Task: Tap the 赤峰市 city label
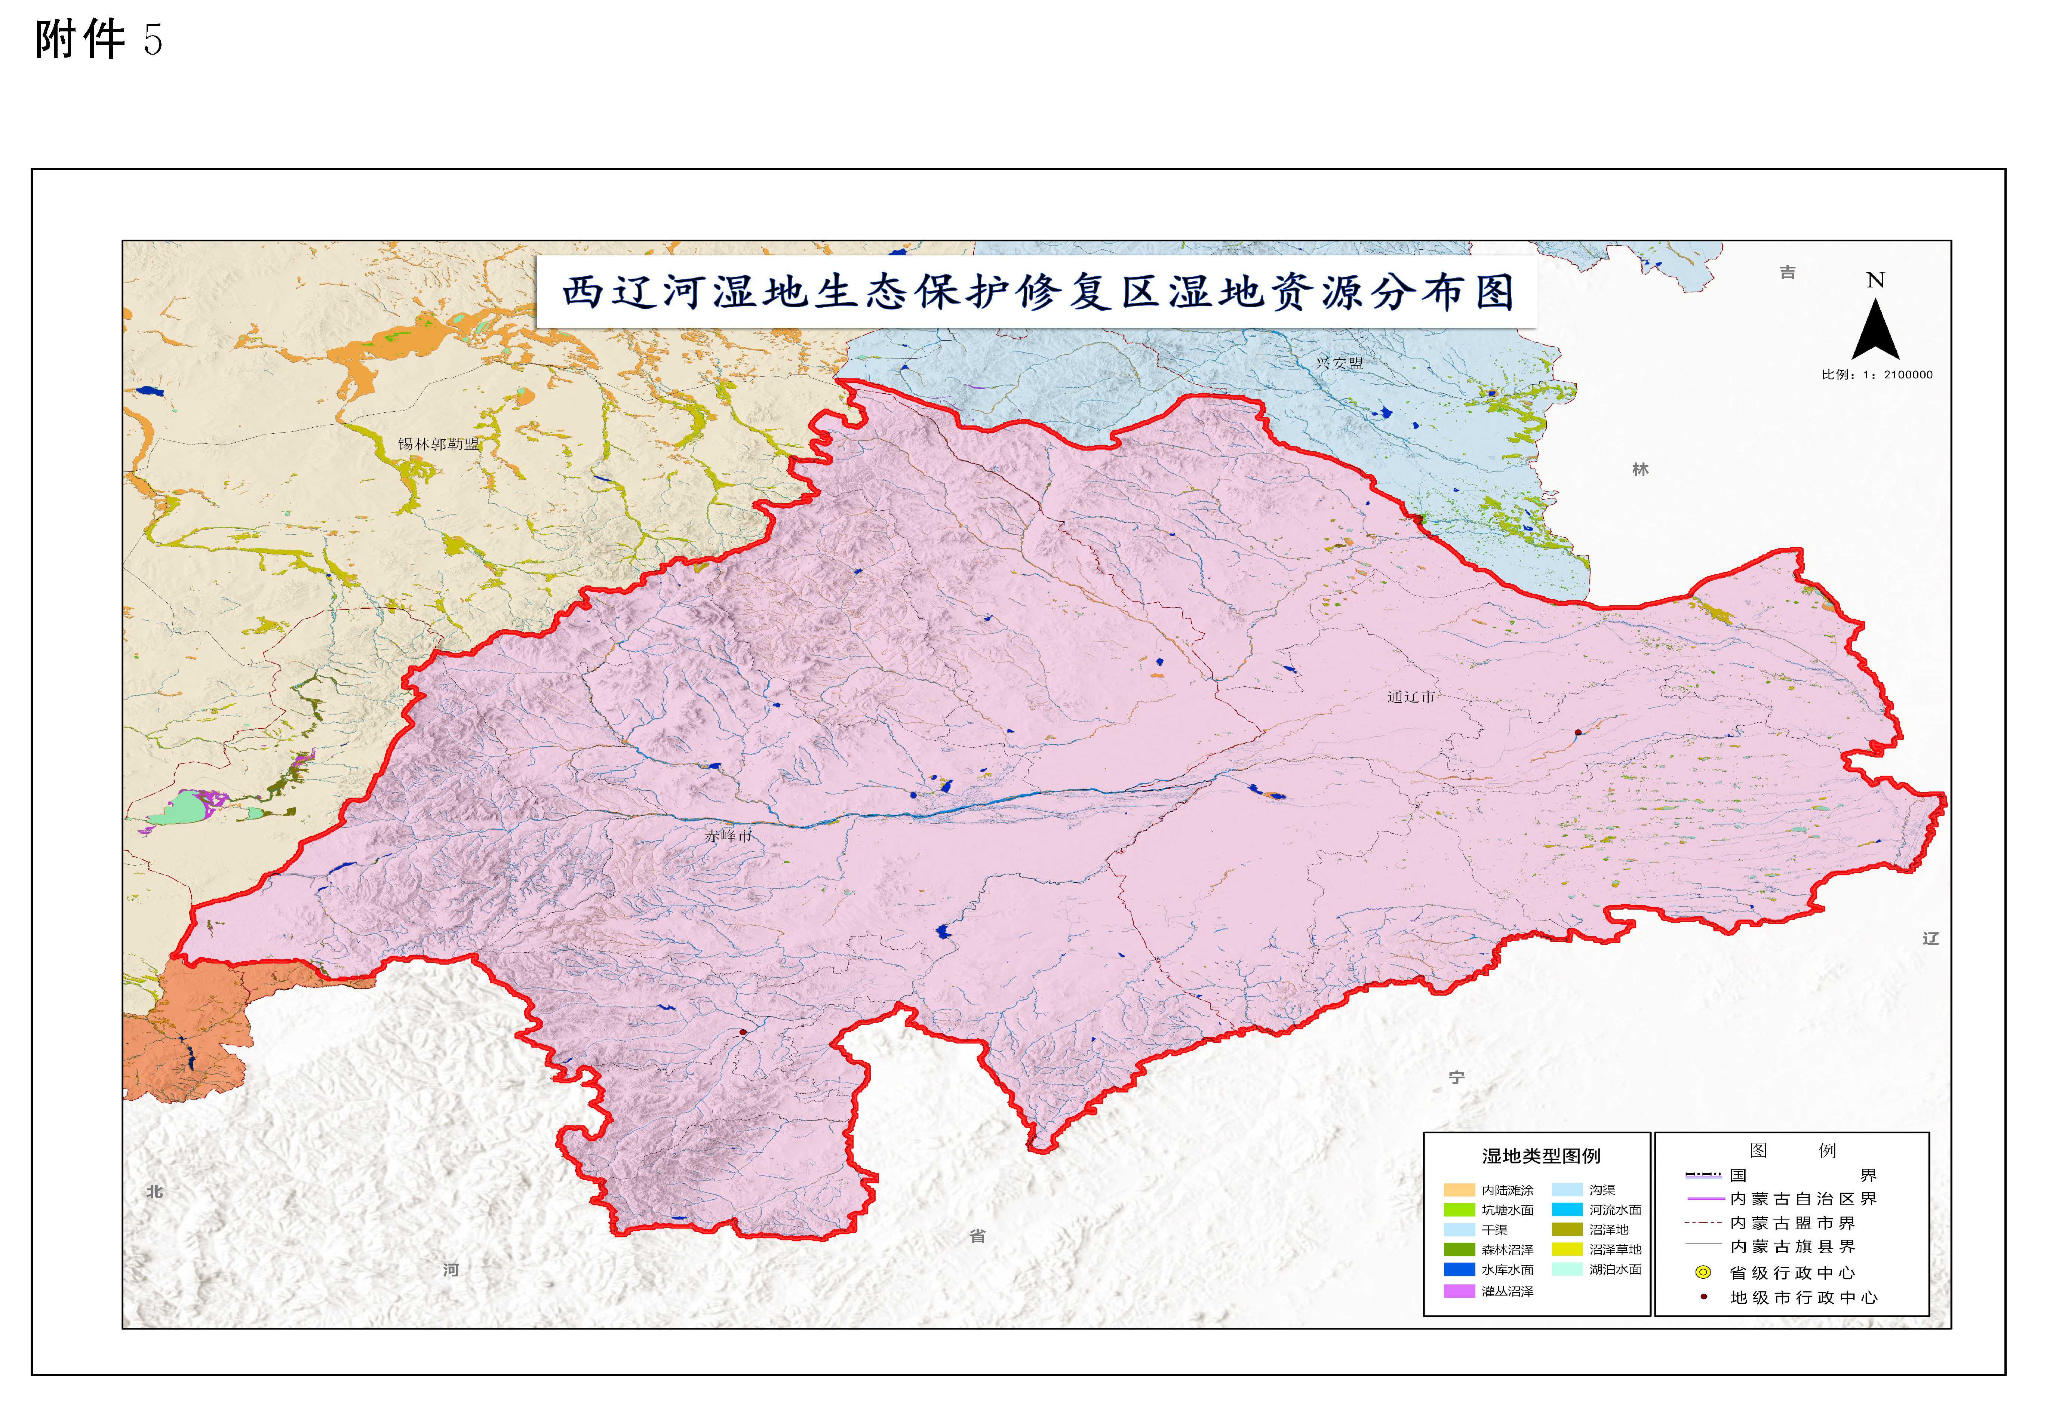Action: [728, 836]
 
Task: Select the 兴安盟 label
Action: [1339, 363]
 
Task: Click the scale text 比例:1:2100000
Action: [1877, 375]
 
